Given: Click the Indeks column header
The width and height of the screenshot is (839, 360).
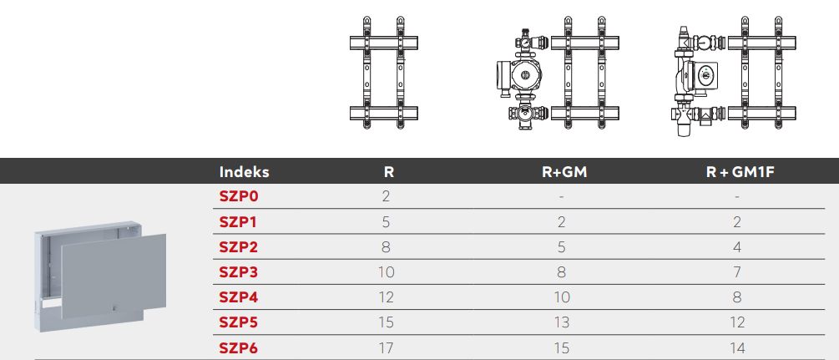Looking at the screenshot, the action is (244, 172).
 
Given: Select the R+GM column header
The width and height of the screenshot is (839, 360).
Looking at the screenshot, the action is (564, 172).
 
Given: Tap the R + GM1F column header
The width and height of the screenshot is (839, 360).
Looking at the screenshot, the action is (740, 172).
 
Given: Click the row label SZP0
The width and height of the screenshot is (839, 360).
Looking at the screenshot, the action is (239, 196).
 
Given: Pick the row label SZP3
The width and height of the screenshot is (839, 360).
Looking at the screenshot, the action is (239, 272).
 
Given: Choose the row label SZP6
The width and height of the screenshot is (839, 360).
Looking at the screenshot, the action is (239, 348).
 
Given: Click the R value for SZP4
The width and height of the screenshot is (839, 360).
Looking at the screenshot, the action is (387, 297).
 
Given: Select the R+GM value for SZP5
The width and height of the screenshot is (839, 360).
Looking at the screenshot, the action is (562, 322).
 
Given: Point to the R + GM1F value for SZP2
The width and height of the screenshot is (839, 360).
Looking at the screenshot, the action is (737, 247).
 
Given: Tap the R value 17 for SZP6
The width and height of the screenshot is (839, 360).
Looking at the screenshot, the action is (387, 348).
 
